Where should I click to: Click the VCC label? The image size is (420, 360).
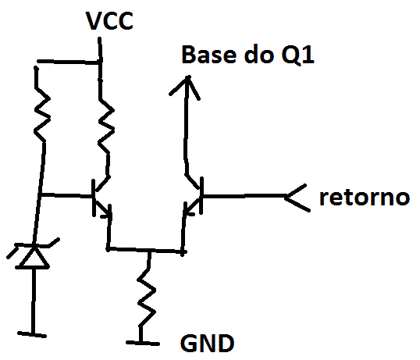click(109, 21)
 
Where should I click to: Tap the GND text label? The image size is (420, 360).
click(208, 344)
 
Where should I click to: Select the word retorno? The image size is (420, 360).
click(365, 198)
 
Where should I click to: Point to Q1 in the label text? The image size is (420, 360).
click(297, 55)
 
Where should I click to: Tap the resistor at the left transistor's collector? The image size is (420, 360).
click(106, 126)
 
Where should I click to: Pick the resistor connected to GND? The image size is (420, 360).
click(147, 298)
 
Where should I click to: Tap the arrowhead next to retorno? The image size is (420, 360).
click(296, 198)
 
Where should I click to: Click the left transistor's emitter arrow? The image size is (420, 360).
click(107, 213)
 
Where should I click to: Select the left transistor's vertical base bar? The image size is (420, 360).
click(94, 198)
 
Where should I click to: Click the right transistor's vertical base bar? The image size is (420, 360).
click(201, 195)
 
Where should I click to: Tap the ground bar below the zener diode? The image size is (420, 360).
click(32, 334)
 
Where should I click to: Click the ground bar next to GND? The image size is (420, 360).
click(143, 343)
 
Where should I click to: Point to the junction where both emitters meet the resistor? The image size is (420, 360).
click(149, 251)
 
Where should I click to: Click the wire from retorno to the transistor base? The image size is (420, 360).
click(244, 196)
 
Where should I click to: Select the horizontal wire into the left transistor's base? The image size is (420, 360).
click(66, 195)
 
